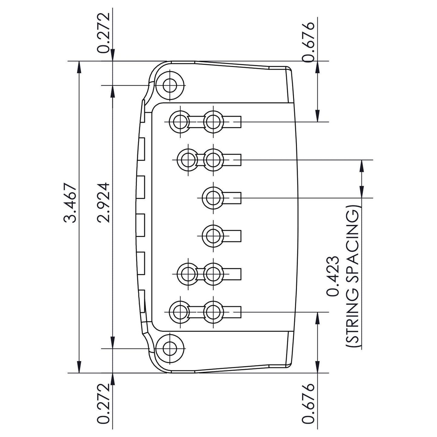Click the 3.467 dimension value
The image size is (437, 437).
[69, 203]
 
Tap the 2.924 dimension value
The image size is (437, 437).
[104, 203]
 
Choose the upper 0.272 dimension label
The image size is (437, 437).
[104, 33]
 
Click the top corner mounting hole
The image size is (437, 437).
[170, 85]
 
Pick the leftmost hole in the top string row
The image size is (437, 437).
[180, 122]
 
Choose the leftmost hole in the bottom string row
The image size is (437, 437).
[180, 312]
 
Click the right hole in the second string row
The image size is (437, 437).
[213, 160]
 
